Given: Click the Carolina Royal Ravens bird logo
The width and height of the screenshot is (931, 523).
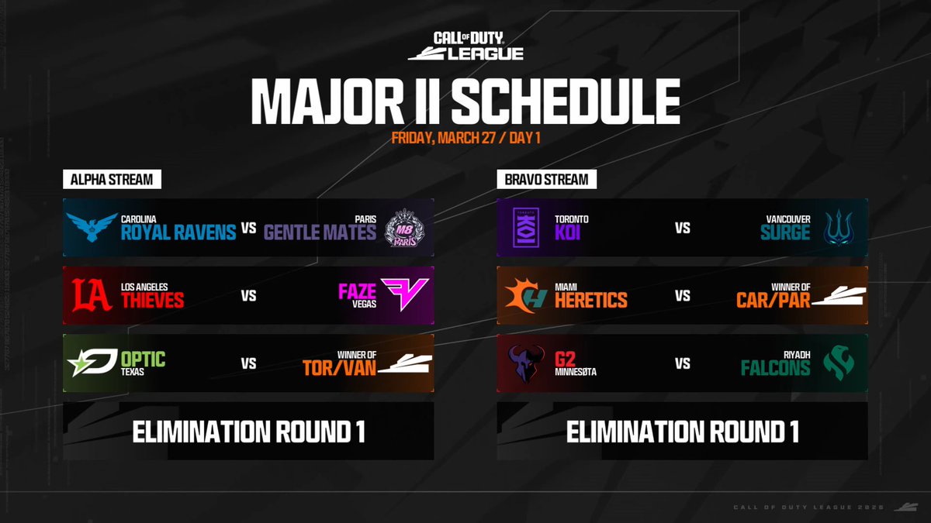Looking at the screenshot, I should pyautogui.click(x=92, y=228).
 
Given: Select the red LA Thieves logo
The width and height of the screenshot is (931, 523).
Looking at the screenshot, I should pyautogui.click(x=92, y=295).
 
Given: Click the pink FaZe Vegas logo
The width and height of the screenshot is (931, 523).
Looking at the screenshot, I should pyautogui.click(x=404, y=295).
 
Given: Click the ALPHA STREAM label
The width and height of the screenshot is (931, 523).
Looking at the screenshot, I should pyautogui.click(x=108, y=180).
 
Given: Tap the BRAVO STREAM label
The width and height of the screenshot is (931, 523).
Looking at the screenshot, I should pyautogui.click(x=542, y=180).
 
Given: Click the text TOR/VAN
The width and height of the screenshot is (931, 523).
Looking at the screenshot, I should pyautogui.click(x=339, y=369).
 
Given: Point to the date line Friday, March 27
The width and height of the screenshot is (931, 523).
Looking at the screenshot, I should pyautogui.click(x=465, y=139).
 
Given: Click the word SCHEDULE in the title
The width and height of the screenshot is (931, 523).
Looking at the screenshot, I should pyautogui.click(x=566, y=101).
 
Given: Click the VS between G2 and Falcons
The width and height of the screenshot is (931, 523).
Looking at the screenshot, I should pyautogui.click(x=683, y=362).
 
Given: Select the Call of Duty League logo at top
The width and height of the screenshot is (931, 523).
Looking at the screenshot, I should pyautogui.click(x=465, y=46).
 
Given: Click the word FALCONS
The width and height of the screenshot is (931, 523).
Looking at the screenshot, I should pyautogui.click(x=775, y=368).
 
